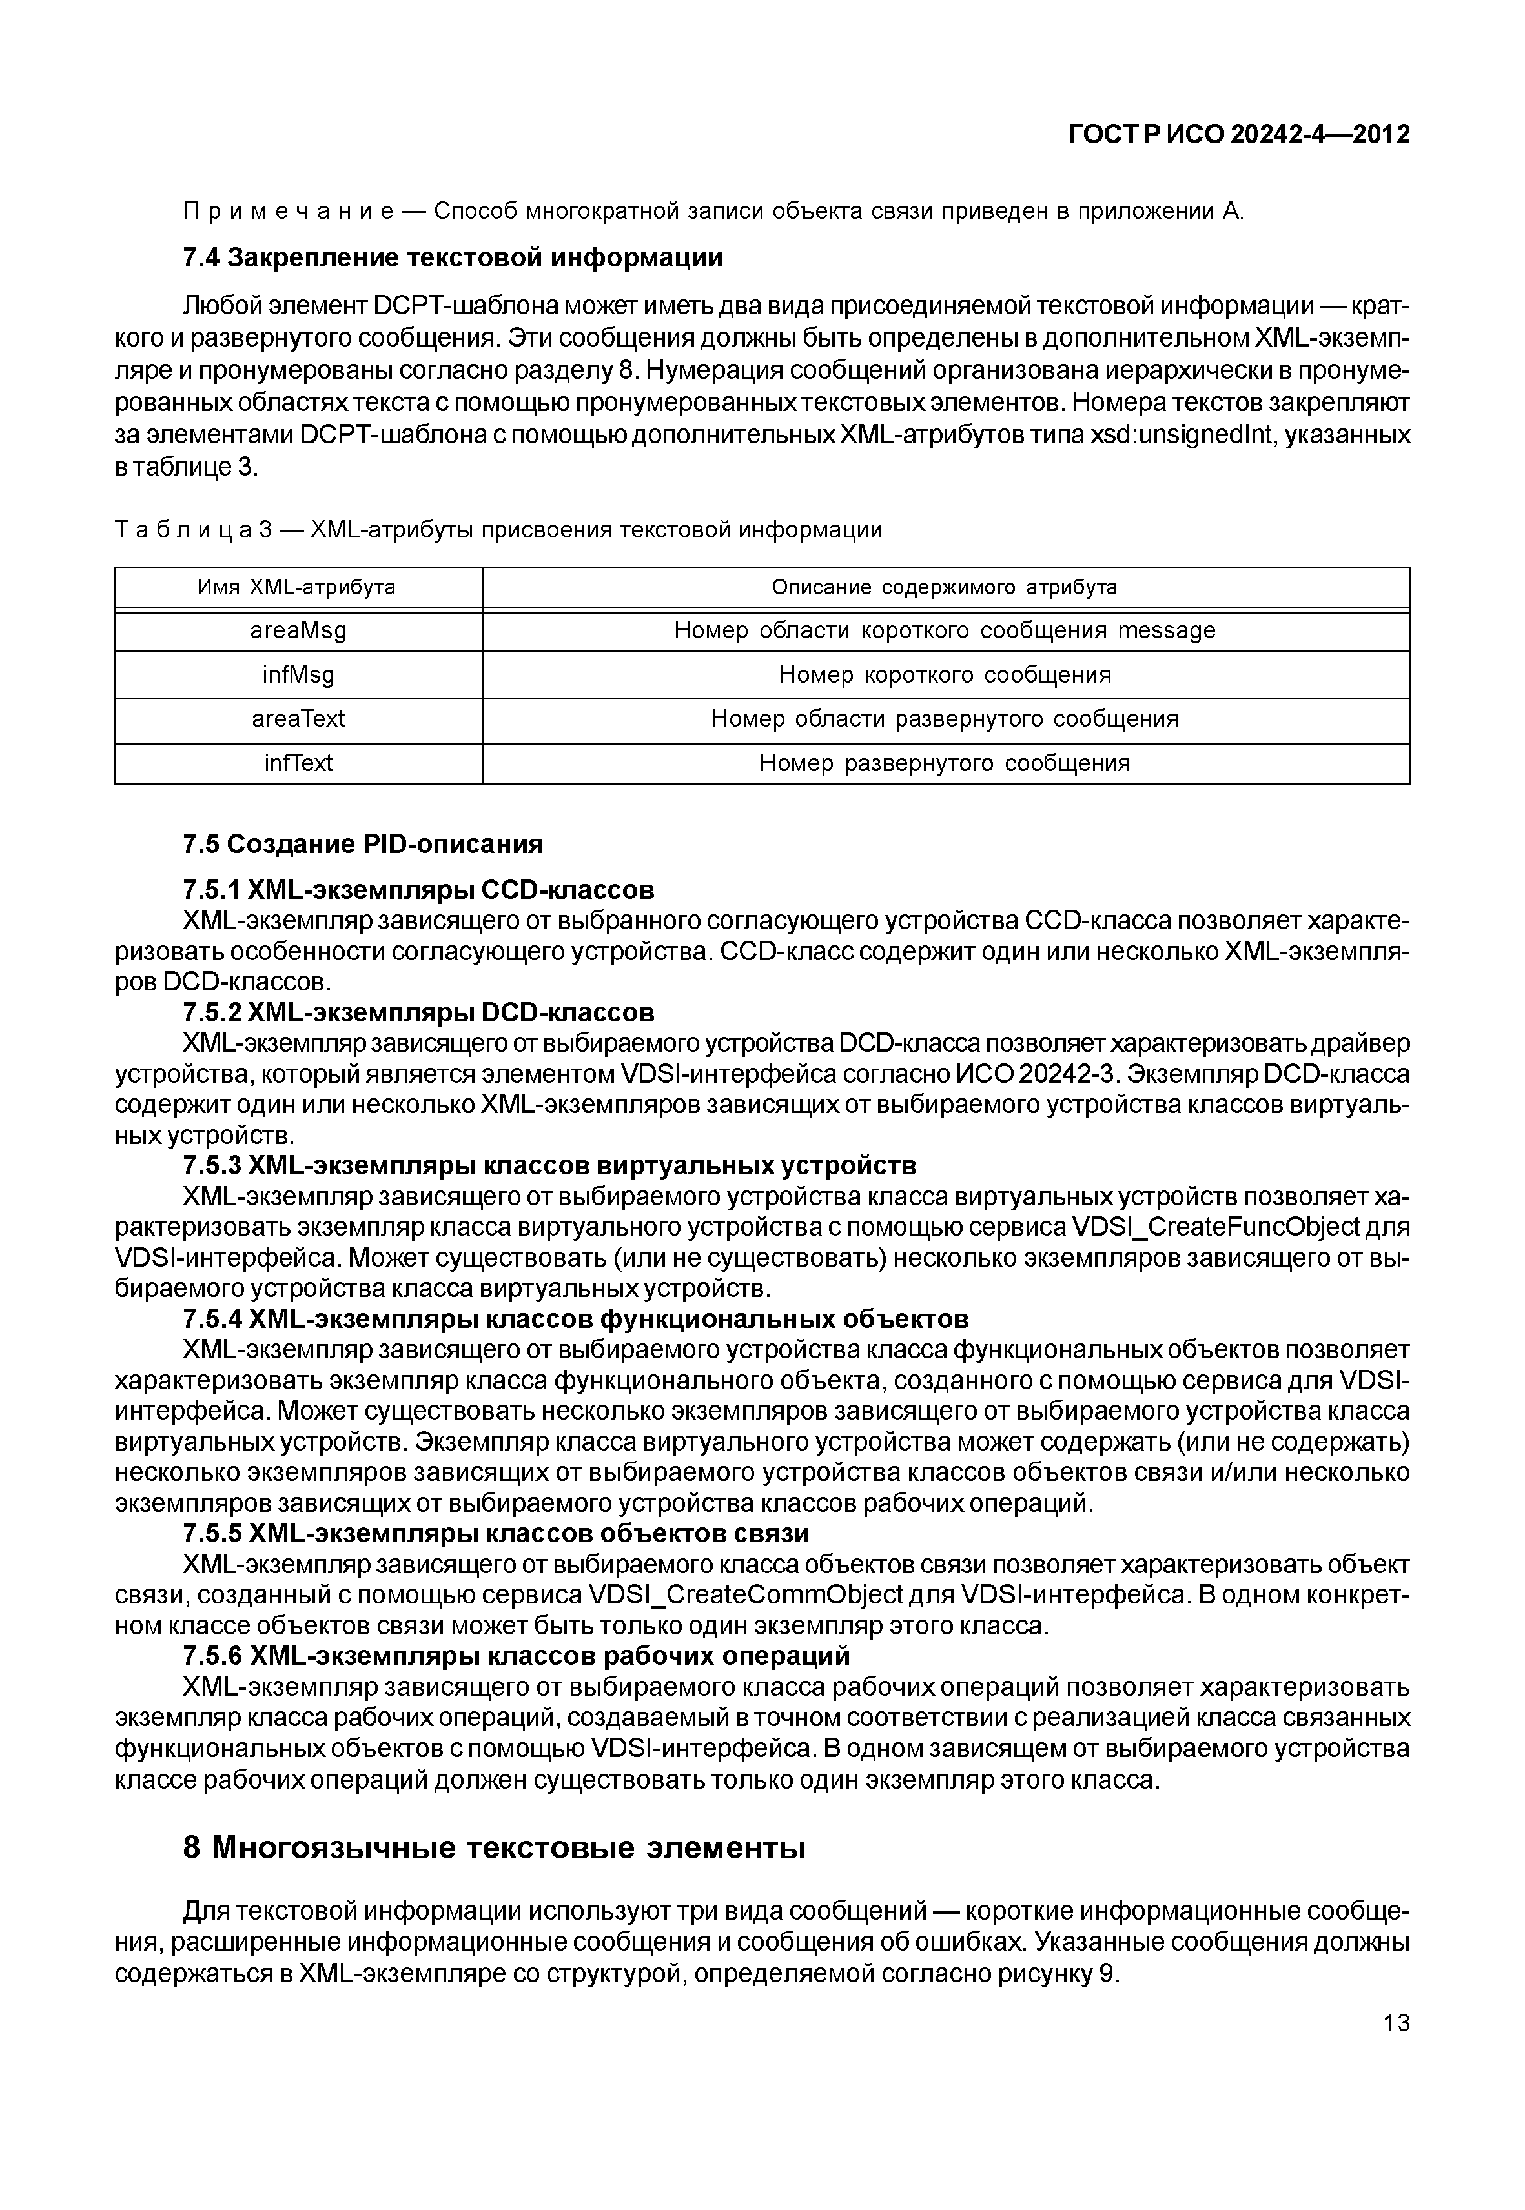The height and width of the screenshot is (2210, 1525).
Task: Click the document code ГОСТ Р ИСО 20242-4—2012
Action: (1238, 136)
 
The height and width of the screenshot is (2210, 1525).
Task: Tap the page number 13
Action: (1396, 2023)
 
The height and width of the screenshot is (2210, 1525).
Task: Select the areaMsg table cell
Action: (298, 630)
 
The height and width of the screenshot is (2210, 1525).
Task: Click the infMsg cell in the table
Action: (298, 675)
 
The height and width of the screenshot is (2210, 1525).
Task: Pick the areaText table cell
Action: (298, 719)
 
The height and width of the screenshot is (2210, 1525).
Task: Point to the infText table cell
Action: (298, 763)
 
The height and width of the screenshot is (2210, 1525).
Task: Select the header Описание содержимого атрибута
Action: (945, 587)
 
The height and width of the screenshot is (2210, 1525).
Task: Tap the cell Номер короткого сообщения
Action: (945, 675)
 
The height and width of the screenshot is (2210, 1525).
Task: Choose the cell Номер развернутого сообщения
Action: (945, 763)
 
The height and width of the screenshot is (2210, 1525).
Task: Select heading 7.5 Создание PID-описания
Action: (362, 844)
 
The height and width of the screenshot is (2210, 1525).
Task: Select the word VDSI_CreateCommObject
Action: (746, 1595)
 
